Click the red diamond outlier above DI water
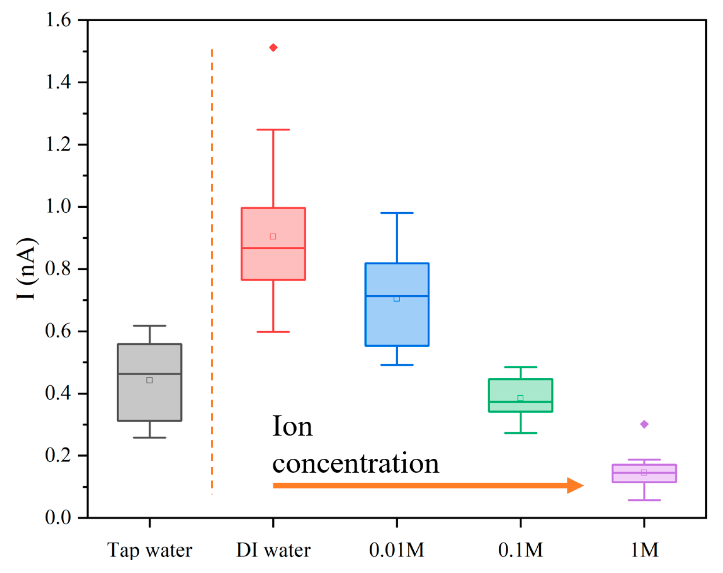(x=273, y=47)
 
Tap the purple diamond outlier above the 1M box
(x=644, y=424)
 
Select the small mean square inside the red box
(x=273, y=237)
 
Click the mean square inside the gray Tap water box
(x=149, y=380)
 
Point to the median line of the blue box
(x=397, y=296)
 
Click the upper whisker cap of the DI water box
(x=273, y=130)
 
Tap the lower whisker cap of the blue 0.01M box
(x=397, y=365)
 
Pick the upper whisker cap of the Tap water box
(x=149, y=326)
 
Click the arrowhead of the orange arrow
(x=575, y=486)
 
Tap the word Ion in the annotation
(x=292, y=427)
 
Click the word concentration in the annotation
(x=356, y=464)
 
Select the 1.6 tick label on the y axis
(x=58, y=20)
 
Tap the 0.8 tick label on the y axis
(x=58, y=269)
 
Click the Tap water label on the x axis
(x=149, y=550)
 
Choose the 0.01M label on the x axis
(x=397, y=550)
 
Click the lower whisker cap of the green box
(x=520, y=433)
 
